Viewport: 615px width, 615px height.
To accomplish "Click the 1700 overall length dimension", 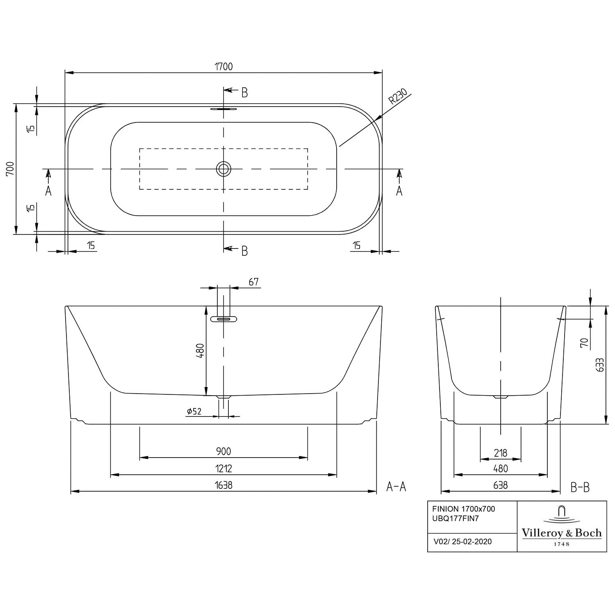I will point(224,66).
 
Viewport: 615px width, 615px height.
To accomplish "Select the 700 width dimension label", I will point(10,169).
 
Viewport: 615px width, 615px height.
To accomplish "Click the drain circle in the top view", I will point(223,169).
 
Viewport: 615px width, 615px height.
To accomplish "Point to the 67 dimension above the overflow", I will point(253,282).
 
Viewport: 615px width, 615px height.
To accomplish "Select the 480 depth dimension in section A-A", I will point(200,351).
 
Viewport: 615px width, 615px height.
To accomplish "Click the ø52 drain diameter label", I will point(194,411).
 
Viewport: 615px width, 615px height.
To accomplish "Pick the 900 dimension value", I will point(223,451).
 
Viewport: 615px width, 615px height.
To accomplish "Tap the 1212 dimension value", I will point(223,468).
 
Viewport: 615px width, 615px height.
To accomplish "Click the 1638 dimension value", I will point(223,485).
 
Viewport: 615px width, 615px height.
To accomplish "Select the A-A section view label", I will point(396,487).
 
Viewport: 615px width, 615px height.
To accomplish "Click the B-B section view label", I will point(580,487).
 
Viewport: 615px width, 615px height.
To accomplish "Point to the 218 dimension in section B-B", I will point(501,453).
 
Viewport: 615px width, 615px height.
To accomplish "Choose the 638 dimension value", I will point(501,485).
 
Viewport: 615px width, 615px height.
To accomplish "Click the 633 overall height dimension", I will point(600,365).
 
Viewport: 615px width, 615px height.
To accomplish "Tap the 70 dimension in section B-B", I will point(584,342).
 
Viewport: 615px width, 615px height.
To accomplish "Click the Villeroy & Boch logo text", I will point(561,533).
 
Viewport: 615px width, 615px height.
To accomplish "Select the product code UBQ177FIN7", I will point(456,519).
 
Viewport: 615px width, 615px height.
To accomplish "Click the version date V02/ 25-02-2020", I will point(462,542).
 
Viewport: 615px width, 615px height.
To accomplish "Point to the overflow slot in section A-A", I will point(223,319).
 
